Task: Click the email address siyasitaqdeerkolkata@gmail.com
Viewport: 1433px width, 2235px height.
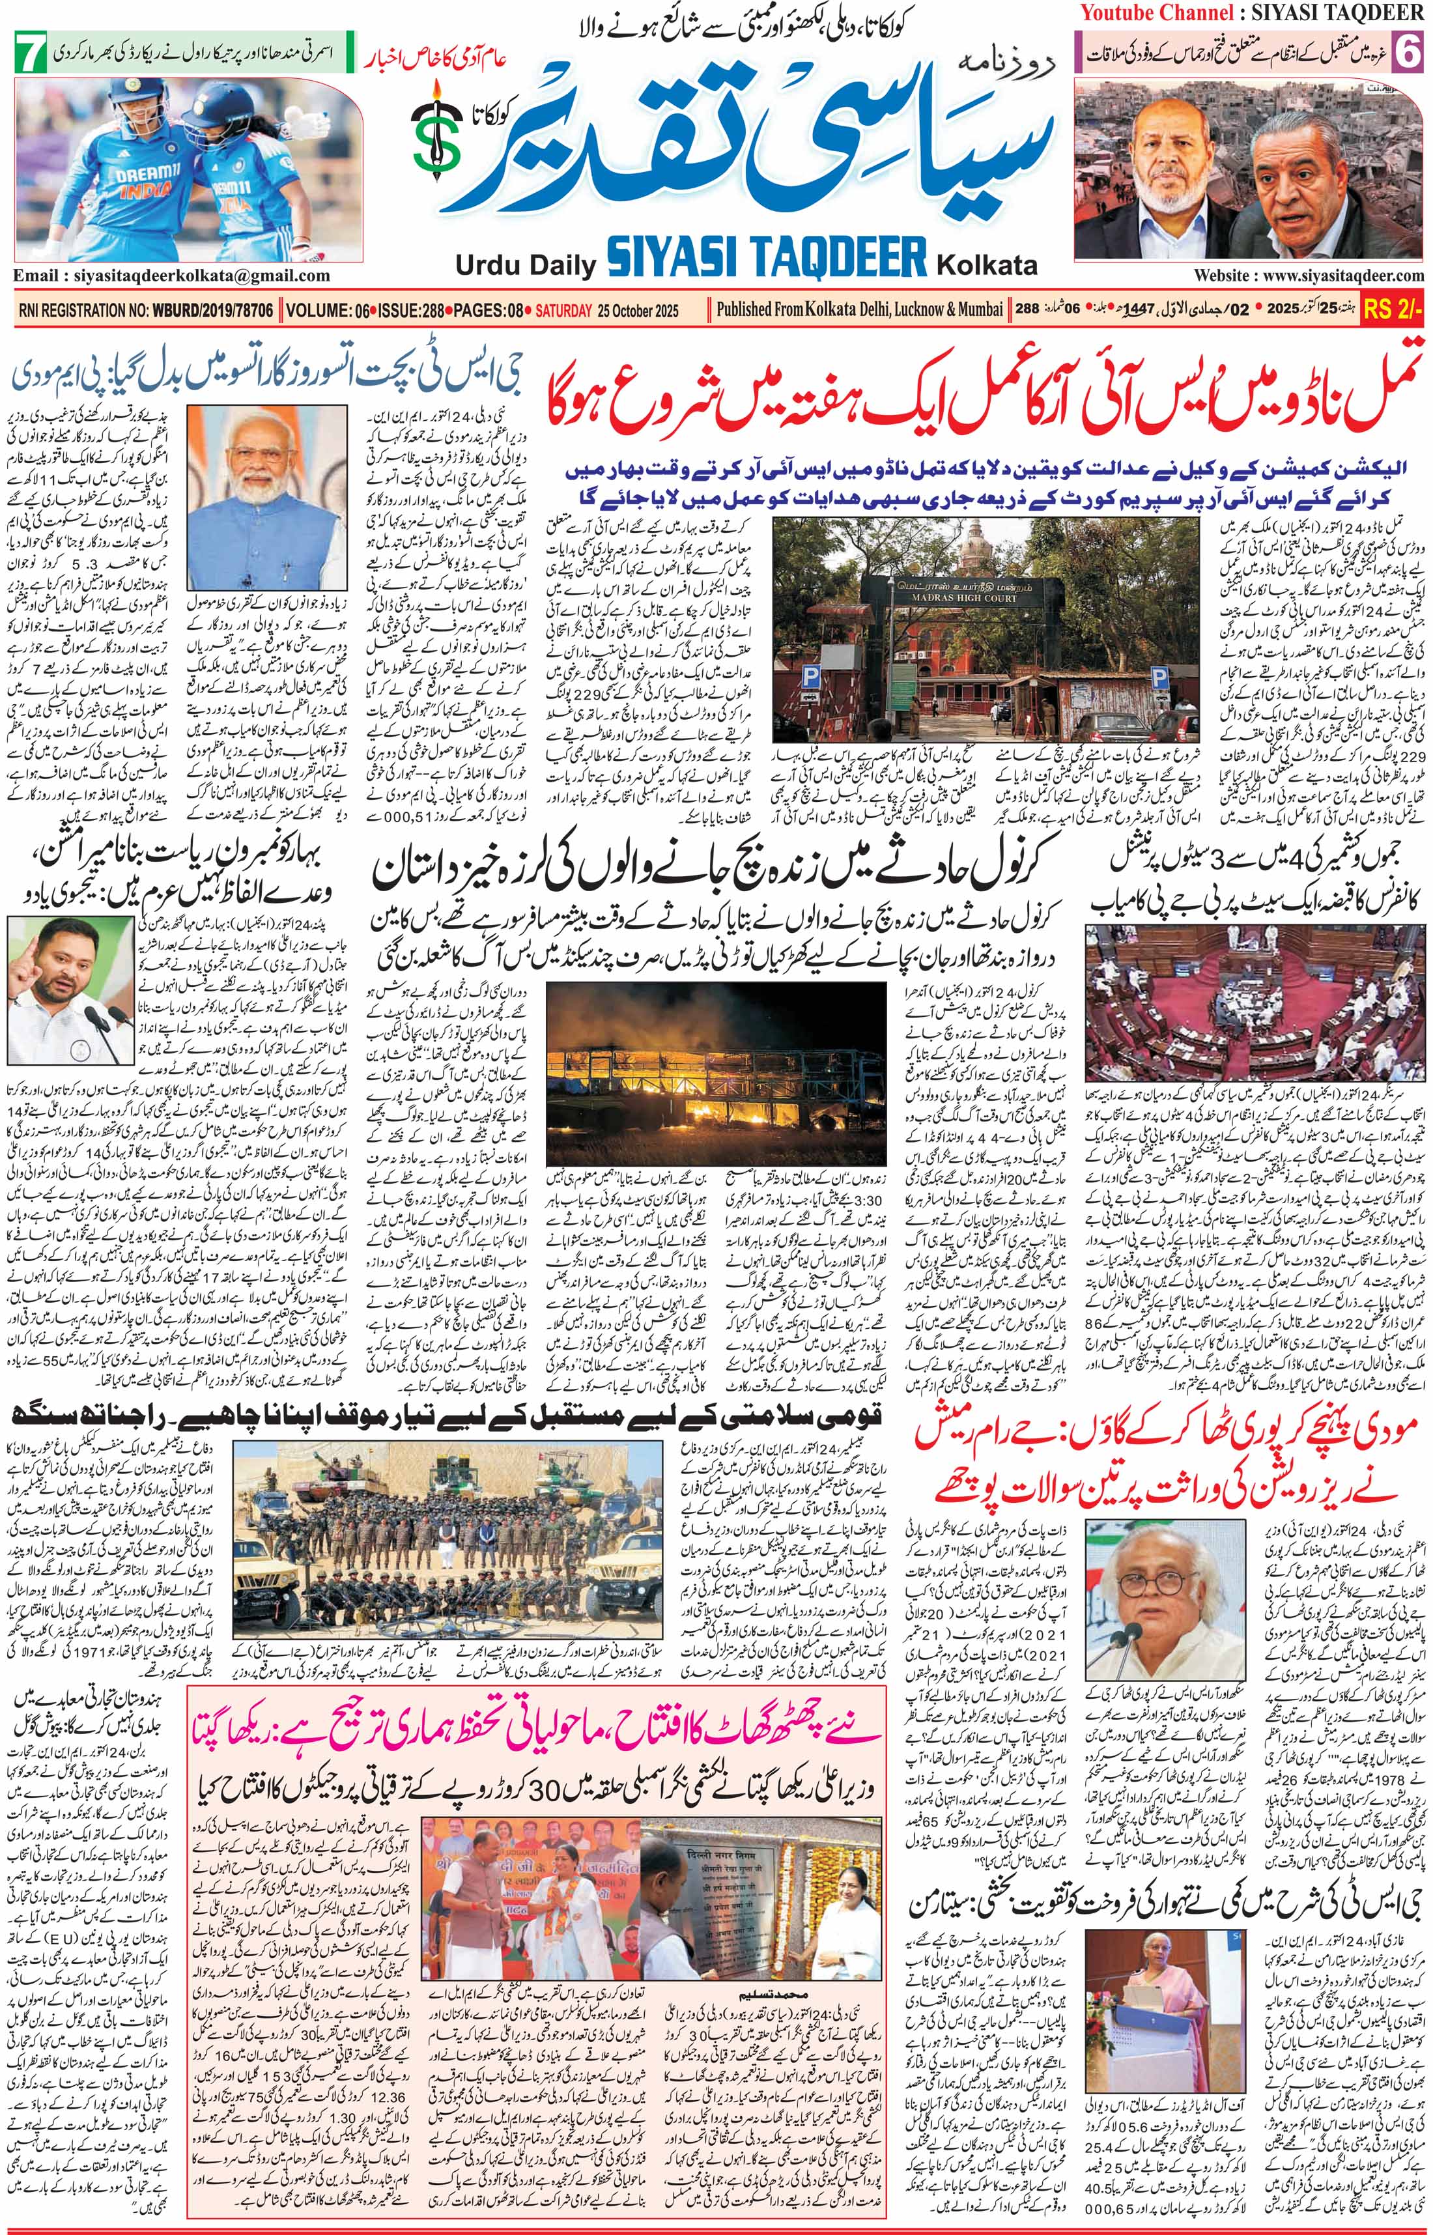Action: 172,276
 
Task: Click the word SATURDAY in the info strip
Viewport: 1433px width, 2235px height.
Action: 563,311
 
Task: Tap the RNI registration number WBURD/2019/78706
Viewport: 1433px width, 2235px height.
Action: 209,311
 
